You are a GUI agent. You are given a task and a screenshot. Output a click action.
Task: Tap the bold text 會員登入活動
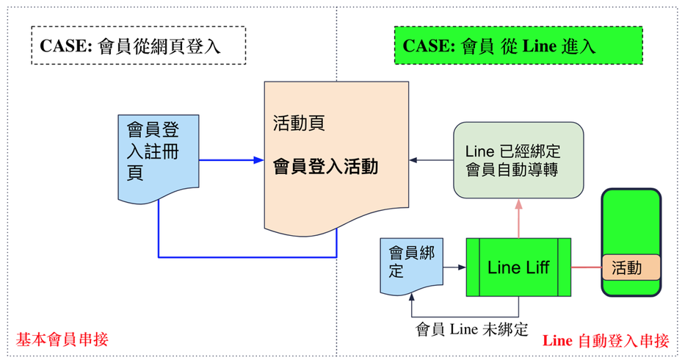pos(325,168)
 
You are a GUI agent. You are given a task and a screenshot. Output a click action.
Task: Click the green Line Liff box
pos(518,267)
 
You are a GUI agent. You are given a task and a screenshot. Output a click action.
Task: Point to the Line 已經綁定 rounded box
pos(518,160)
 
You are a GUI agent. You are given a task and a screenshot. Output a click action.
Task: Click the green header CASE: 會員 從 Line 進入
pos(518,46)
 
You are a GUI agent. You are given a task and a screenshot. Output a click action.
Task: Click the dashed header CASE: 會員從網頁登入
pos(137,46)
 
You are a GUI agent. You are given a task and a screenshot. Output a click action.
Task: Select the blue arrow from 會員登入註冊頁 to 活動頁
pos(231,159)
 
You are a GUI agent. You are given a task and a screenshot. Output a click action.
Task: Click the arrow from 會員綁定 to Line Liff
pos(453,267)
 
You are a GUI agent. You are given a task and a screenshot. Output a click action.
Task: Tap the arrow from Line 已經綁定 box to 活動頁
pos(431,159)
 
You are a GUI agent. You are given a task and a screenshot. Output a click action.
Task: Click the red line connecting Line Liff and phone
pos(585,267)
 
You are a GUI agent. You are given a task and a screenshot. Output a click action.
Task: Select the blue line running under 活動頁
pos(247,257)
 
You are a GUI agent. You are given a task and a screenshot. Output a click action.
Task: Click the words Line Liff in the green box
pos(518,267)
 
